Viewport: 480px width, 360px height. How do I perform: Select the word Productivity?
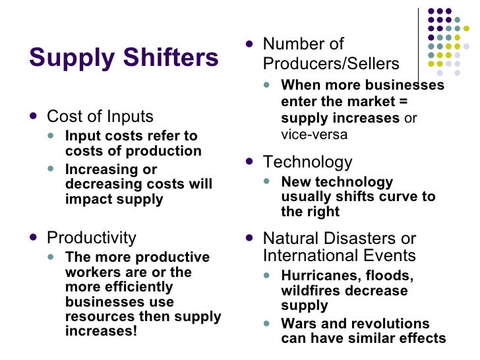92,238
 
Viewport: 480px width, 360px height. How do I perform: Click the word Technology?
307,162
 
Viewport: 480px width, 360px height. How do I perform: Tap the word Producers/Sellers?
331,64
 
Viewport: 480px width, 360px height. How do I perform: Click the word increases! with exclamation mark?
102,332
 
